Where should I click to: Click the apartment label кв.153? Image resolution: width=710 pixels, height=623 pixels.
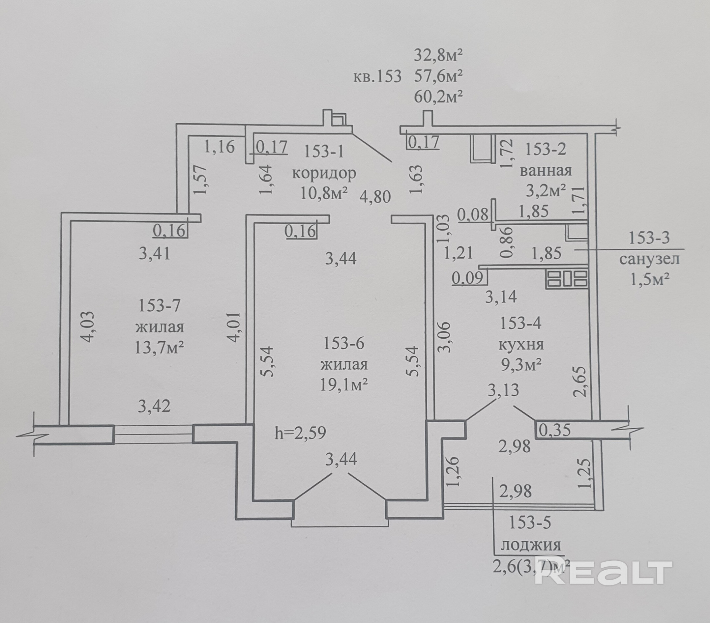(x=377, y=76)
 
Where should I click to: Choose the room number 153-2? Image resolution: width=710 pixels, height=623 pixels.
(x=545, y=149)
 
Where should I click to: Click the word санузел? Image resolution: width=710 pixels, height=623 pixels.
(x=649, y=259)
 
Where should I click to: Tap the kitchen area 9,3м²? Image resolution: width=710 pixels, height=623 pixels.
(x=521, y=365)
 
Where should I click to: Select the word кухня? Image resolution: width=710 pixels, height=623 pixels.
(x=521, y=345)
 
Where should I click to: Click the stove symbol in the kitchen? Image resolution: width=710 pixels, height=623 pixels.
(x=567, y=279)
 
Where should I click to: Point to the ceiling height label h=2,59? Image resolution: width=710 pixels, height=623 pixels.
(x=300, y=433)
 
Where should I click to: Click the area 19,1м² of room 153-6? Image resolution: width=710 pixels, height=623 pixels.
(x=344, y=385)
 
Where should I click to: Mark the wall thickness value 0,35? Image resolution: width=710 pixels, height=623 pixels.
(x=555, y=430)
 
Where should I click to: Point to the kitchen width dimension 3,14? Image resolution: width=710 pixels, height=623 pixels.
(x=501, y=297)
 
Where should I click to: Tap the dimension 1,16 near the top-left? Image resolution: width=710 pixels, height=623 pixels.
(x=220, y=147)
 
